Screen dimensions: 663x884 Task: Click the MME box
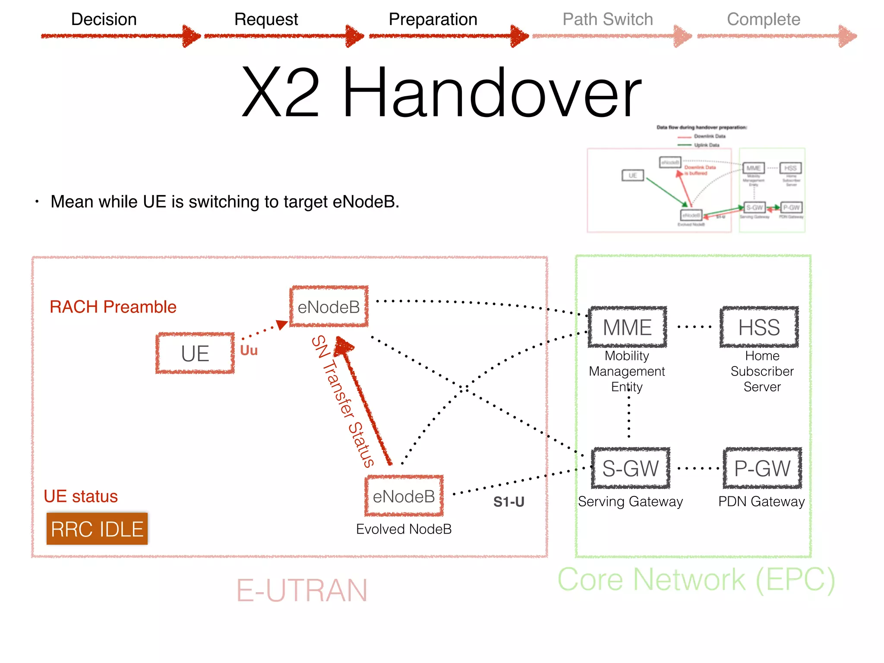(x=627, y=327)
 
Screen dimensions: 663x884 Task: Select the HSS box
(x=759, y=327)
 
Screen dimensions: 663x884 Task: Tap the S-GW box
(x=630, y=468)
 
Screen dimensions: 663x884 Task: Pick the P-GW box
(x=762, y=468)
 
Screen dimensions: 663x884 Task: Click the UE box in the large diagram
(x=195, y=354)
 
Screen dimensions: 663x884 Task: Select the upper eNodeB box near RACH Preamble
(x=329, y=307)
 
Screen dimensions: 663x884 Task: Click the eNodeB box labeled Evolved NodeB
(x=404, y=496)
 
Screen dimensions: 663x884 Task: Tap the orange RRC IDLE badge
(x=97, y=529)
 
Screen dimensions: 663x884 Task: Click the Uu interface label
(x=249, y=350)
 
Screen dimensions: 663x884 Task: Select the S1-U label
(x=508, y=502)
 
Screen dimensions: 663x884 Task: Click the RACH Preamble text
(x=113, y=307)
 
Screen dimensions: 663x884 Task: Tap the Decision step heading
(x=104, y=19)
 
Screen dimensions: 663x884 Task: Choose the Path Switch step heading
(x=607, y=19)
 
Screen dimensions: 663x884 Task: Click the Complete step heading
(x=763, y=19)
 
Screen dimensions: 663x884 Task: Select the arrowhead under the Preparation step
(x=519, y=36)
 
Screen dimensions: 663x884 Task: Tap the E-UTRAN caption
(x=302, y=590)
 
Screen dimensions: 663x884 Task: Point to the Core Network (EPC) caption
(x=696, y=580)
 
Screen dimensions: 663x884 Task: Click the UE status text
(x=81, y=496)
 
